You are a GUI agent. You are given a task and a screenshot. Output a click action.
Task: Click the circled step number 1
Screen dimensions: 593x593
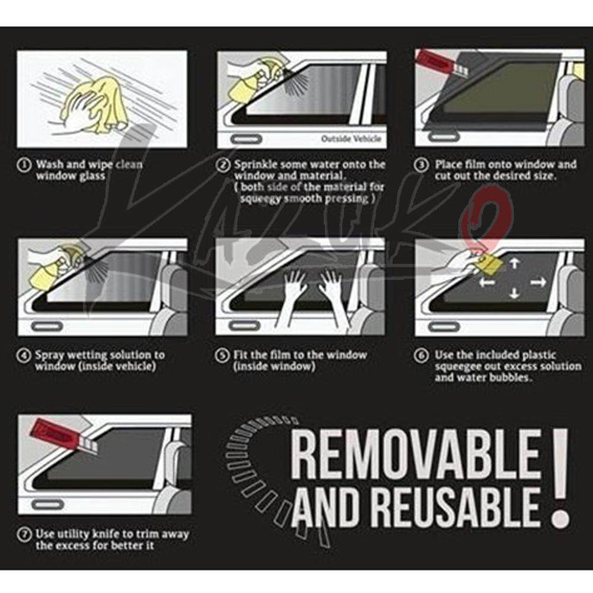pos(24,165)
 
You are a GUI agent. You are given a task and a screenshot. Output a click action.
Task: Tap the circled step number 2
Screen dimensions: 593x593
pos(223,165)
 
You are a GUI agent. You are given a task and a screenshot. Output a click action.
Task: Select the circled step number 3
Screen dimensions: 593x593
pos(421,165)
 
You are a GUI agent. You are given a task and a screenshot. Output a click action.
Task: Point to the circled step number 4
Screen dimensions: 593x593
pos(24,355)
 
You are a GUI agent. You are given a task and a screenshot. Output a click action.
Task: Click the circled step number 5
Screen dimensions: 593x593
pos(222,355)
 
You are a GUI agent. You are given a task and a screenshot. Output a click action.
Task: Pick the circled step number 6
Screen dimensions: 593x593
pos(421,355)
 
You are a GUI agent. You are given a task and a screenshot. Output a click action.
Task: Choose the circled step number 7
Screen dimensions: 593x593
pos(24,535)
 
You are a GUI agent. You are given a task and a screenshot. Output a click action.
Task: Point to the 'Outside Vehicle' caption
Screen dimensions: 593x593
pos(351,139)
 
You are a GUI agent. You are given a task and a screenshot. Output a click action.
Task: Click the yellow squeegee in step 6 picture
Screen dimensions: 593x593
pos(491,265)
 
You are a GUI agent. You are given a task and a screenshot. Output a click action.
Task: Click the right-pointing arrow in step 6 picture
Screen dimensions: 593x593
pos(538,282)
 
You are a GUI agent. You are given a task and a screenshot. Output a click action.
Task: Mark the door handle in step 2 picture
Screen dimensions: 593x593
pos(246,139)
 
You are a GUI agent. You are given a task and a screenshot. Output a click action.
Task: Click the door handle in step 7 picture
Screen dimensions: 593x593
pos(47,505)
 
